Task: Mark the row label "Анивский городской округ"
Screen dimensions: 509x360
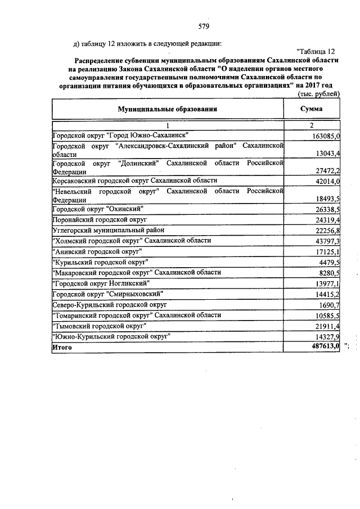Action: (x=96, y=251)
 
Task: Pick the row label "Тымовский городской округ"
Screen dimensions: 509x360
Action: (x=98, y=326)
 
